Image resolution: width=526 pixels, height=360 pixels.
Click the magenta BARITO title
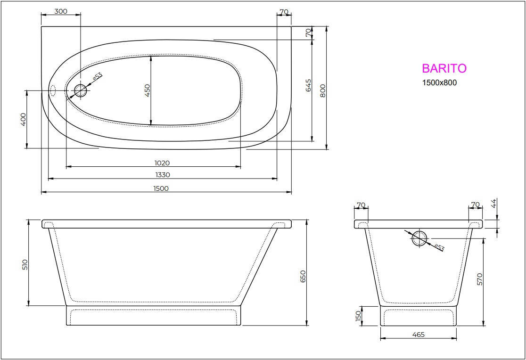[x=444, y=68]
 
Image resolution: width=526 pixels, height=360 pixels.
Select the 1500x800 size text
[x=439, y=83]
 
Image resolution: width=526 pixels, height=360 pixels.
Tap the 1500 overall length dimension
[x=161, y=188]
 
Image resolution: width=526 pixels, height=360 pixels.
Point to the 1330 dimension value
[x=163, y=175]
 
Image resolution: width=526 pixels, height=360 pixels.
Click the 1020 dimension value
[x=162, y=163]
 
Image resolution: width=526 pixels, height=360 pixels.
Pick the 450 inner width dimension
[x=147, y=90]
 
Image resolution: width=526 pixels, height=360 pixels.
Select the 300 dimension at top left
[x=60, y=12]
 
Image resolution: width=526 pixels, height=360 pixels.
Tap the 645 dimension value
[x=309, y=85]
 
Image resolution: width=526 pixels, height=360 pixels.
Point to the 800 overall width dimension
[x=323, y=90]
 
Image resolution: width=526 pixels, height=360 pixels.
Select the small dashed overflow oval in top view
[x=53, y=90]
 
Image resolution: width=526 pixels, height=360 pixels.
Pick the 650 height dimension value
[x=303, y=276]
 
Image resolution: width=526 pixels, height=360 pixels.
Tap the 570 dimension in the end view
[x=480, y=279]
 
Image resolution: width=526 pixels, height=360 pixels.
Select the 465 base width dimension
[x=418, y=335]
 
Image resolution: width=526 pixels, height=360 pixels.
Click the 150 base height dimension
[x=358, y=315]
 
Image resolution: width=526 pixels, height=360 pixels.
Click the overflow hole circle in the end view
[x=419, y=239]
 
